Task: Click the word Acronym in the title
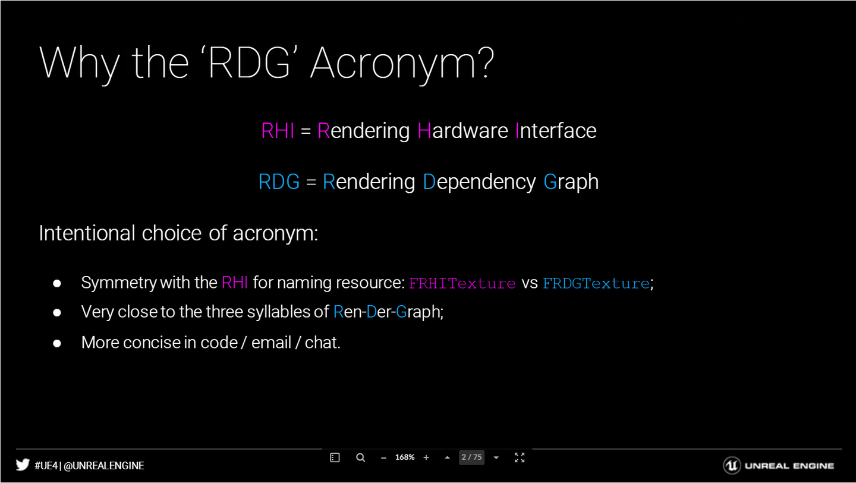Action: coord(402,64)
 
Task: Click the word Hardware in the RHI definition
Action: coord(462,131)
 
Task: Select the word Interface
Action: coord(556,131)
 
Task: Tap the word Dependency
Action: coord(479,183)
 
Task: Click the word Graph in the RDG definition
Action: coord(571,183)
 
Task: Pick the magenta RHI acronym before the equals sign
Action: coord(278,131)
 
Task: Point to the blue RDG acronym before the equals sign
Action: coord(279,181)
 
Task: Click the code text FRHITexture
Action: coord(462,283)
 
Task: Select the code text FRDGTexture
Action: coord(596,283)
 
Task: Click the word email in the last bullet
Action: coord(271,342)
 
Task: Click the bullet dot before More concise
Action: coord(57,343)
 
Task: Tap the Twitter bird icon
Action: coord(23,465)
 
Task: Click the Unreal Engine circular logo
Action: coord(732,465)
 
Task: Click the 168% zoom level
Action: coord(405,457)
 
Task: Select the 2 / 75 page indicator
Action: coord(471,457)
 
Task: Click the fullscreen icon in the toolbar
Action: coord(520,457)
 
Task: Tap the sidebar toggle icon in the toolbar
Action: coord(335,458)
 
